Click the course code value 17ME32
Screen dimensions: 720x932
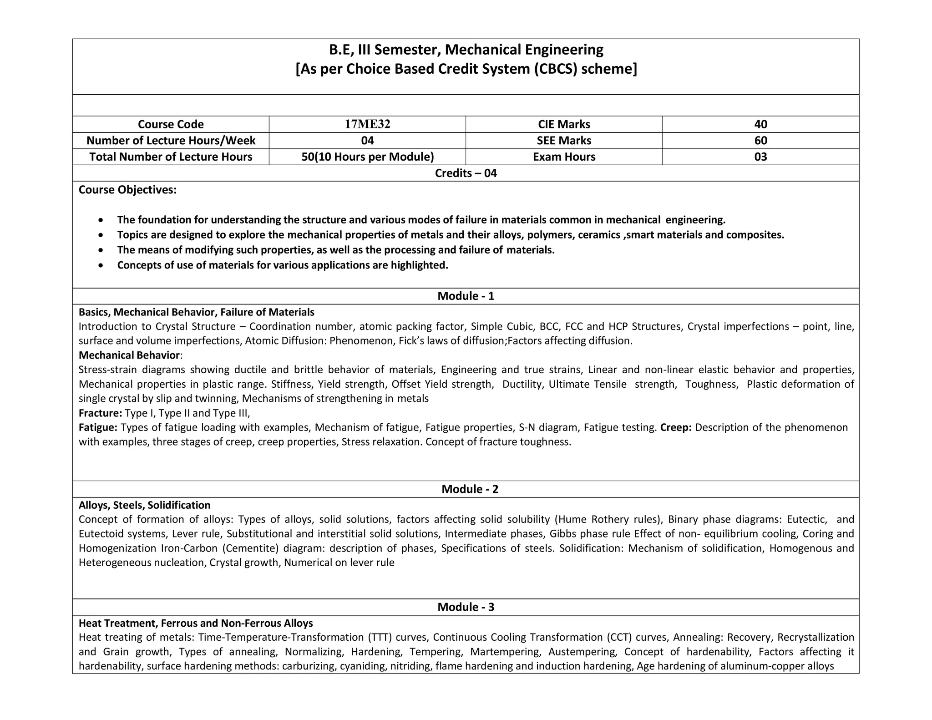pos(367,124)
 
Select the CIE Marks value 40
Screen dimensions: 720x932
pos(760,124)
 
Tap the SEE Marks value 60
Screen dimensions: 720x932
pos(760,141)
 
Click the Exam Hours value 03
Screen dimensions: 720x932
pos(760,157)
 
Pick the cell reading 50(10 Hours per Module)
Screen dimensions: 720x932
pos(367,157)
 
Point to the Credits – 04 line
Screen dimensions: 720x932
pos(466,173)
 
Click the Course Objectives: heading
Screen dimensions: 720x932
pos(127,190)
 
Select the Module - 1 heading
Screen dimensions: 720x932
pos(466,296)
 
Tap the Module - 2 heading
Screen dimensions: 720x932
pos(470,489)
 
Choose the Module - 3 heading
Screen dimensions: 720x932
pos(466,607)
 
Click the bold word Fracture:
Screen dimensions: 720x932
pos(100,413)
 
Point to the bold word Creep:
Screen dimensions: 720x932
pos(676,427)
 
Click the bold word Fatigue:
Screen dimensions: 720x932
pos(98,428)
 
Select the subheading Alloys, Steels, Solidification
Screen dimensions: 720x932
pos(144,505)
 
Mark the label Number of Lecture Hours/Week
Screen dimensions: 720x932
pos(171,141)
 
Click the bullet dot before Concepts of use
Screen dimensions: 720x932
pos(101,265)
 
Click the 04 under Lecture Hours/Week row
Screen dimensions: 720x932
pos(367,141)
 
